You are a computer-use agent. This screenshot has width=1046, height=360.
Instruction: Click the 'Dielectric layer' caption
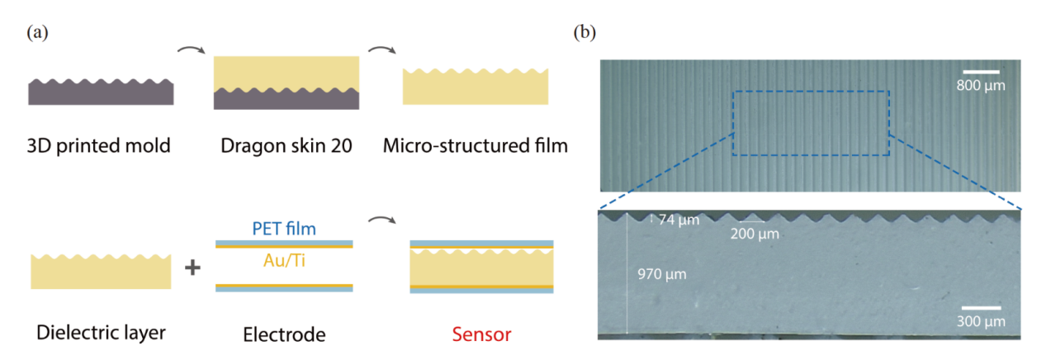click(102, 333)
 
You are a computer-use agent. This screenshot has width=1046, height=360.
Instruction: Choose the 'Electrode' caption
click(284, 334)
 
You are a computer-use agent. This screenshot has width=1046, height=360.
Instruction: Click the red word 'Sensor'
click(483, 334)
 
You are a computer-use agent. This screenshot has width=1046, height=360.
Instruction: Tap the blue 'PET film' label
click(284, 226)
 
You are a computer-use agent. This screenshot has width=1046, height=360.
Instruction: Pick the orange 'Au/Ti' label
click(284, 263)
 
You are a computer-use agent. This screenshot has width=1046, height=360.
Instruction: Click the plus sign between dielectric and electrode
click(192, 269)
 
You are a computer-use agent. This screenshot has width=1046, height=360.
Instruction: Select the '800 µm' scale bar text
click(981, 85)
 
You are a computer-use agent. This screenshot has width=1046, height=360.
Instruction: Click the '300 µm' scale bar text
click(980, 320)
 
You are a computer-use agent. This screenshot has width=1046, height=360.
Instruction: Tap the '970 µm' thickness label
click(662, 273)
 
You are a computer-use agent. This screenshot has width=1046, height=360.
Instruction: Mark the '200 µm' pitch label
click(755, 234)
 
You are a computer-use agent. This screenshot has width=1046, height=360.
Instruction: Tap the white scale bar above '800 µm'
click(981, 72)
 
